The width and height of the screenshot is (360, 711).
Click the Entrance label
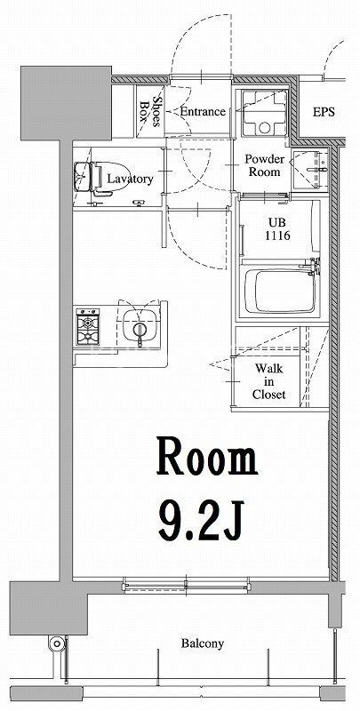coord(202,112)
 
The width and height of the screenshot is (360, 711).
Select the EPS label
coord(324,113)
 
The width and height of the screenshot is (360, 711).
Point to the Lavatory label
coord(130,179)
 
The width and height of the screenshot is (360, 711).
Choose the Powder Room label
coord(265,165)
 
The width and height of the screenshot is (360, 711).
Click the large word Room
coord(207,459)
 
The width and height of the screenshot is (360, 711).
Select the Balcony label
coord(203,643)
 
